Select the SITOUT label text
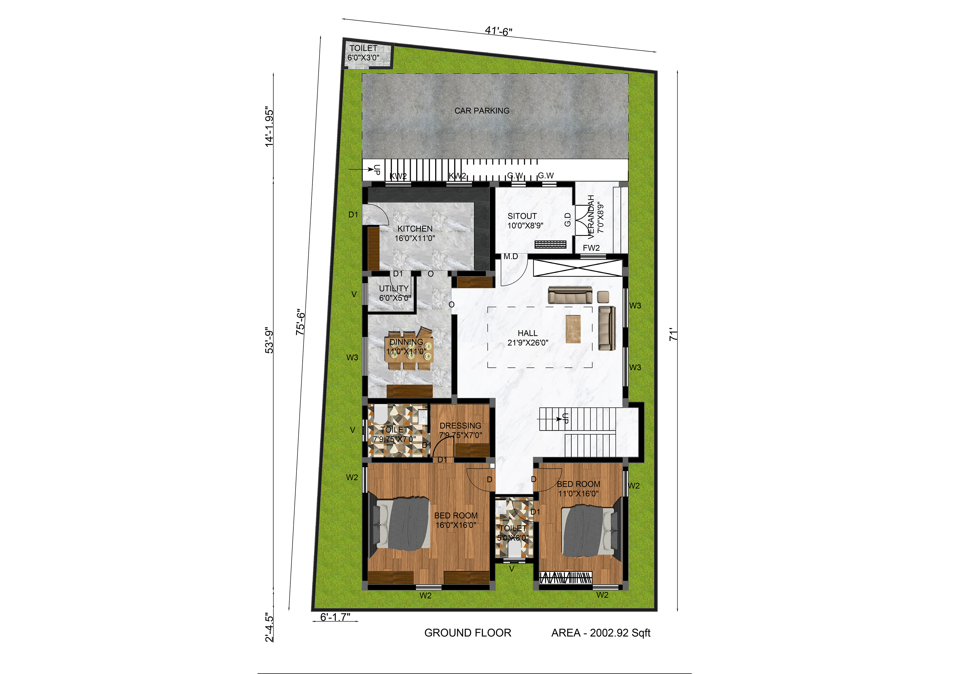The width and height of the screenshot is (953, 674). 522,216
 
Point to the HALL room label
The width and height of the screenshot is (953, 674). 528,333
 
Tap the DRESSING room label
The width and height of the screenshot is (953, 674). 460,426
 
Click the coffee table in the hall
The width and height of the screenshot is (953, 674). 573,329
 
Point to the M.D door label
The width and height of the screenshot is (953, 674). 511,257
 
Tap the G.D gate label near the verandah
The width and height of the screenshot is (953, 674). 568,220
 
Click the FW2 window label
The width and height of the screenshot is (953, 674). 591,248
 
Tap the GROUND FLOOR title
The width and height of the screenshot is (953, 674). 468,633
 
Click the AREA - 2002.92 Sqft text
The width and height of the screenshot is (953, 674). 601,633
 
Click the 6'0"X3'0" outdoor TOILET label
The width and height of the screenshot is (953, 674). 363,58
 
